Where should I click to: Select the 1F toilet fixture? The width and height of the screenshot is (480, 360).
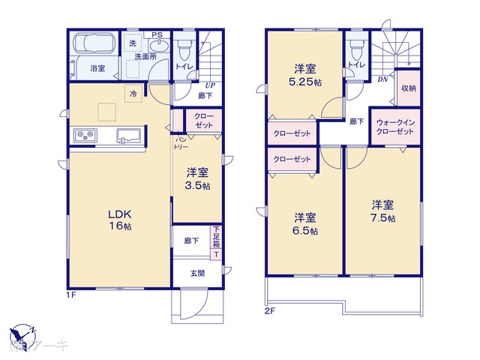[x=184, y=48]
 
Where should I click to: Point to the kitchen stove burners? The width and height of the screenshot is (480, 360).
[x=84, y=136]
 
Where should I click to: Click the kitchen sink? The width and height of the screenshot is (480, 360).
[x=127, y=136]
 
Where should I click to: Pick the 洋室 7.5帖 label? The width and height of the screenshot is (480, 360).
[x=382, y=211]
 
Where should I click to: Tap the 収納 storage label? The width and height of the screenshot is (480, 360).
[x=408, y=88]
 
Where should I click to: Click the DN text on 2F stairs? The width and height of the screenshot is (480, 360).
[x=382, y=79]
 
